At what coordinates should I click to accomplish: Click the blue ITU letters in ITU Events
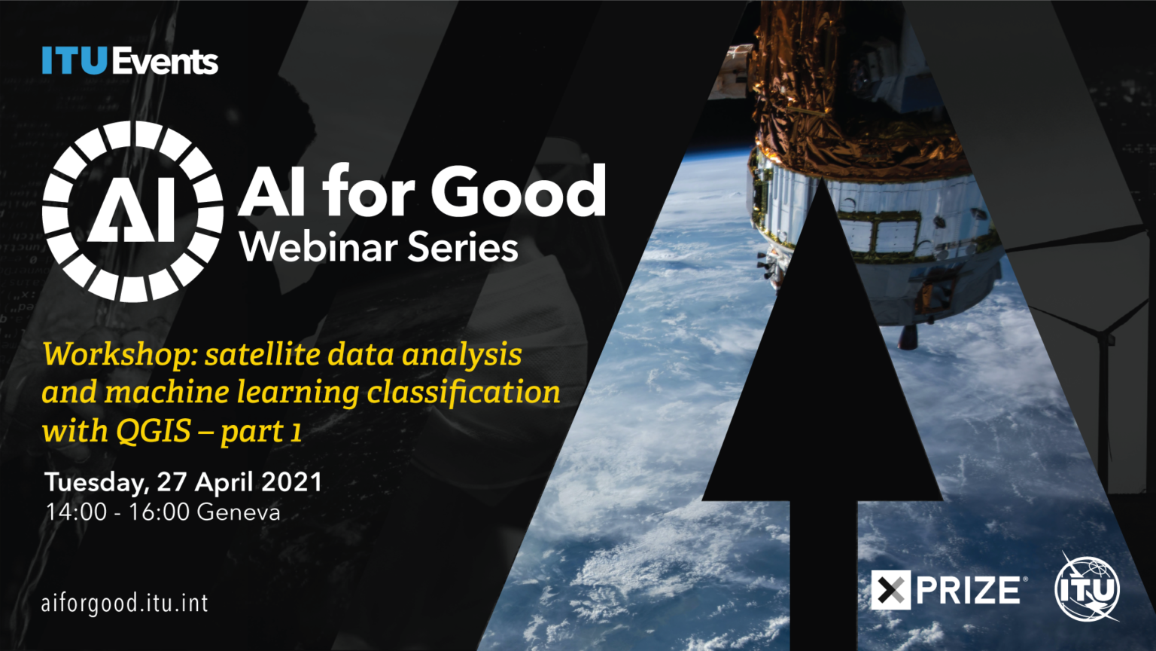75,60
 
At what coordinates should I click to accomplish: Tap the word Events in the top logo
165,62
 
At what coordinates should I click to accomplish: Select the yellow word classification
463,393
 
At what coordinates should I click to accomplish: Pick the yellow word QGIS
154,430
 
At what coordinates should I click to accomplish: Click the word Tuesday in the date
96,482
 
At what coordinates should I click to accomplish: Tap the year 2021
291,482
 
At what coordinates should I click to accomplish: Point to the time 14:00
76,512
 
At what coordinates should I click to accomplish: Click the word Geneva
239,512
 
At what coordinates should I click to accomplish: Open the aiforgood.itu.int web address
125,604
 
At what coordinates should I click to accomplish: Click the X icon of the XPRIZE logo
891,590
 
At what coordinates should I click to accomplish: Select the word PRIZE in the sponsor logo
968,590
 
